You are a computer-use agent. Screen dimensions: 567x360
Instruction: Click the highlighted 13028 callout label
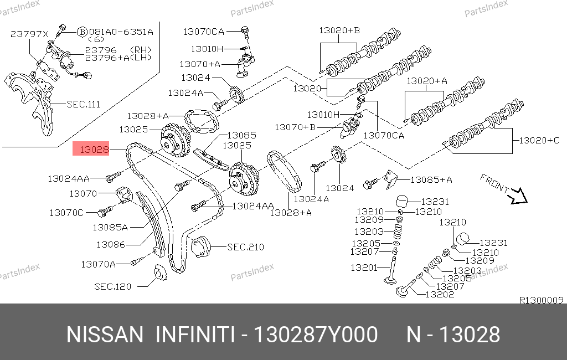coord(91,148)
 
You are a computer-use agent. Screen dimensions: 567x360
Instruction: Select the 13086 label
coord(111,245)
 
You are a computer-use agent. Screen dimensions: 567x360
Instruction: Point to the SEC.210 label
coord(245,247)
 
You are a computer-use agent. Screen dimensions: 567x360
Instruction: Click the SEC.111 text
coord(83,104)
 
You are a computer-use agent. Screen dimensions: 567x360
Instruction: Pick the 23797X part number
coord(29,34)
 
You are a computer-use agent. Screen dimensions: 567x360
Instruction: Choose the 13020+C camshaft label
coord(539,140)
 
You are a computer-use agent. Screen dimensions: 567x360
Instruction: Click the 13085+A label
coord(431,180)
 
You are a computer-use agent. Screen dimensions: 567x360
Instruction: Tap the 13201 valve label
coord(364,268)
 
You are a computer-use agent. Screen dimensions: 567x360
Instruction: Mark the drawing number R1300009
coord(542,300)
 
